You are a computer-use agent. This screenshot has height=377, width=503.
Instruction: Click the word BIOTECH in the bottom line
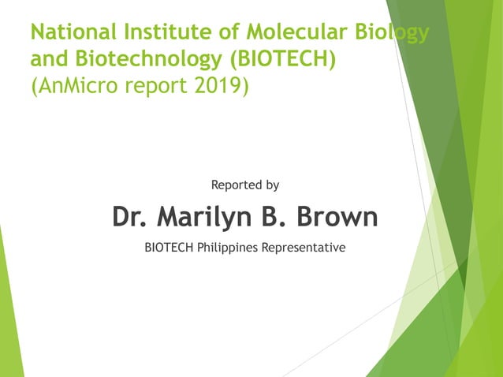(x=170, y=248)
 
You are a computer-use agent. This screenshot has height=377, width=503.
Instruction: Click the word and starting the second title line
(x=47, y=58)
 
